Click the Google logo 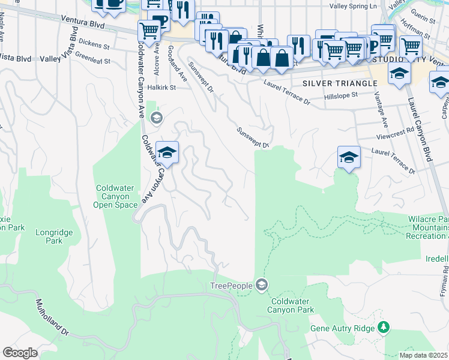click(20, 353)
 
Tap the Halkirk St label click(161, 87)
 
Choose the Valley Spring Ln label click(353, 6)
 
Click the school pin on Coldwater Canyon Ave click(167, 152)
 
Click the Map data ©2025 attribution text click(423, 355)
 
